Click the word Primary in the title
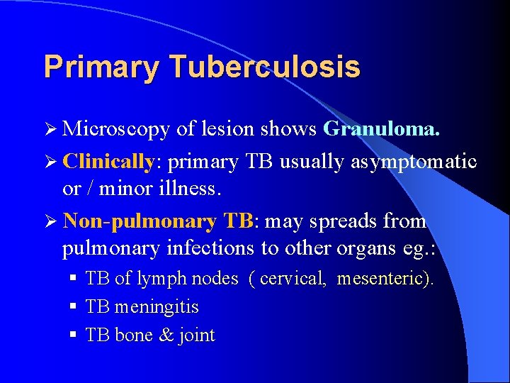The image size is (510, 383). (99, 67)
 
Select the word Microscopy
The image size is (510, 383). (116, 129)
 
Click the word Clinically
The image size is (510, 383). (108, 162)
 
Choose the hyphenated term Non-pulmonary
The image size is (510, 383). (139, 221)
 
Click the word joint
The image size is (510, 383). (198, 335)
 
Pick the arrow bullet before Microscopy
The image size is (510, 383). (50, 129)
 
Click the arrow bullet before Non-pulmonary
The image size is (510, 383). (50, 221)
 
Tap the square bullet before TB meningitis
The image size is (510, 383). (74, 307)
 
